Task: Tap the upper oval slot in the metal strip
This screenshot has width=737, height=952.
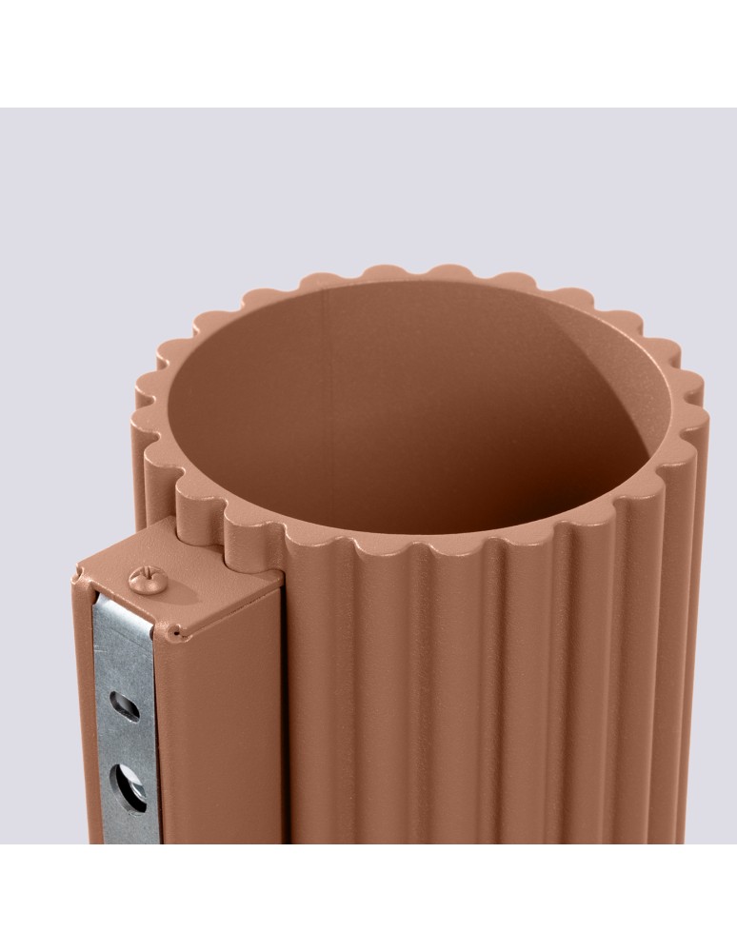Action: (x=124, y=706)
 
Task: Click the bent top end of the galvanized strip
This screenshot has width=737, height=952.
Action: (x=124, y=609)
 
